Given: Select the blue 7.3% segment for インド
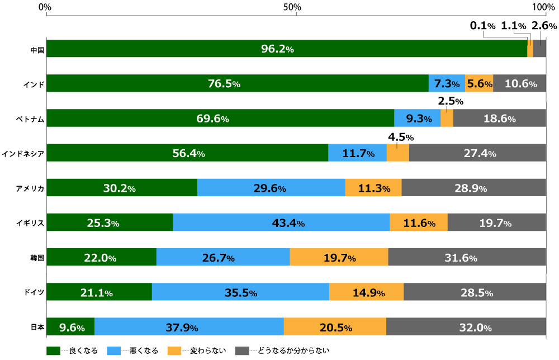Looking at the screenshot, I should pyautogui.click(x=447, y=84).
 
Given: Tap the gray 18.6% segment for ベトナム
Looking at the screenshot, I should pyautogui.click(x=499, y=119).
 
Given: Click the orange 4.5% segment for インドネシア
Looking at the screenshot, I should pyautogui.click(x=397, y=153).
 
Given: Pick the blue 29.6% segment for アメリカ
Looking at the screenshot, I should pyautogui.click(x=271, y=188).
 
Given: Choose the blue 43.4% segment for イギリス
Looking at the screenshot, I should pyautogui.click(x=281, y=223).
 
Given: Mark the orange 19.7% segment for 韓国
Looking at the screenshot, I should pyautogui.click(x=339, y=258).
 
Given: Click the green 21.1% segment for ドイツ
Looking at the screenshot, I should pyautogui.click(x=99, y=292).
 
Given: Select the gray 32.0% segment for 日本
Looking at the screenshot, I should pyautogui.click(x=466, y=327).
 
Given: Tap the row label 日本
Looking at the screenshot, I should pyautogui.click(x=37, y=327).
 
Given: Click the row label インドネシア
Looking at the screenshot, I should pyautogui.click(x=23, y=153).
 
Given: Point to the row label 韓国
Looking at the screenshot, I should pyautogui.click(x=37, y=258).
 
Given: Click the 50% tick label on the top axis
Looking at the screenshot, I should pyautogui.click(x=292, y=7).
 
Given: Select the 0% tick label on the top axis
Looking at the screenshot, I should pyautogui.click(x=46, y=7).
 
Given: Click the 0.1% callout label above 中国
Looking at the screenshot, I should pyautogui.click(x=482, y=26).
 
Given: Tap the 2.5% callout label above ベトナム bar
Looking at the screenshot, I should pyautogui.click(x=450, y=102).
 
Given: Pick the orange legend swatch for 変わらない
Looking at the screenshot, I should pyautogui.click(x=175, y=351).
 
